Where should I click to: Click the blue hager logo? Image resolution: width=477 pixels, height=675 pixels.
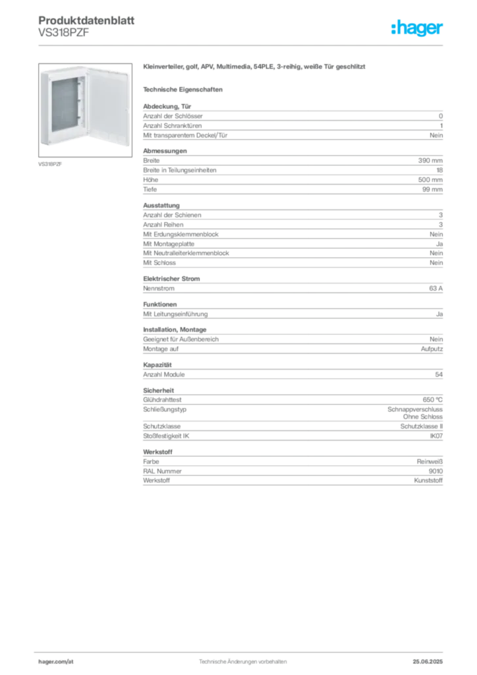pos(418,29)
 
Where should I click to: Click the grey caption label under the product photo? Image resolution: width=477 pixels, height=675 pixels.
pos(49,163)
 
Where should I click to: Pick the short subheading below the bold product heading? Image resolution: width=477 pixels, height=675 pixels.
pos(184,89)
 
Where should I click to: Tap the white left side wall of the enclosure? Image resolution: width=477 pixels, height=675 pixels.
pos(44,105)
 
